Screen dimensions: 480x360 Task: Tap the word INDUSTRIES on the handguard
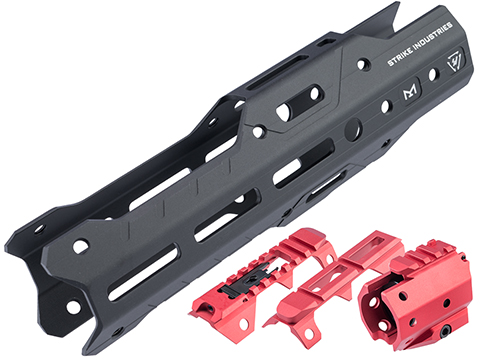pos(433,37)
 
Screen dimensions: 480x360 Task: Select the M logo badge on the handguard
pos(410,91)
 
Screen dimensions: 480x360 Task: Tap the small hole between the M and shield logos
pos(433,75)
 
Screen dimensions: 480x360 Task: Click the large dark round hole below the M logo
pos(353,130)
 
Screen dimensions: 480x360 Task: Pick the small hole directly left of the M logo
pos(385,106)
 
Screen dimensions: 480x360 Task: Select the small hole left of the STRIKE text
pos(363,64)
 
